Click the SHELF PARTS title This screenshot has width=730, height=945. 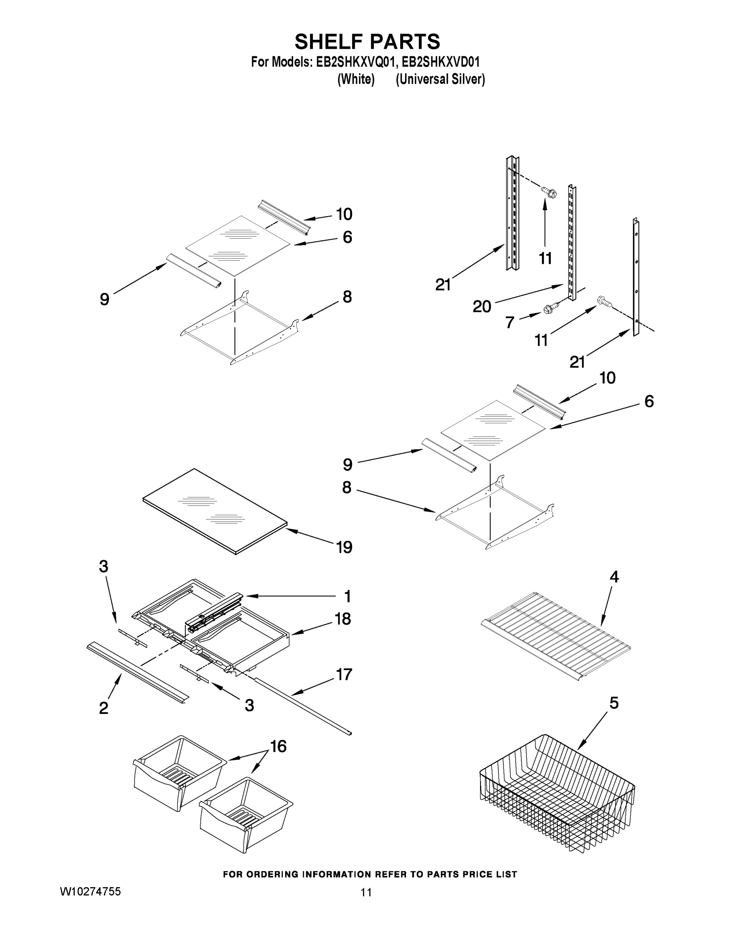(367, 42)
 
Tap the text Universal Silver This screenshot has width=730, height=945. (440, 80)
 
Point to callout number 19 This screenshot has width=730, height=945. (344, 547)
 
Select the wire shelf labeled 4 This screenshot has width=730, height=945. (556, 634)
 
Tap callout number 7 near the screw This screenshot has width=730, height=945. (510, 322)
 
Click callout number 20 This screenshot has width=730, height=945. (482, 306)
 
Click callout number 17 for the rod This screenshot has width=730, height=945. (344, 674)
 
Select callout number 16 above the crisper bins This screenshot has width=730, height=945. (279, 746)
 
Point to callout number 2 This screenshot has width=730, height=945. (104, 708)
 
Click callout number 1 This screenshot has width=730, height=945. (347, 596)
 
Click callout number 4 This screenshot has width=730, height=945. (614, 577)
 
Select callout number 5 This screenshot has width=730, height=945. (614, 703)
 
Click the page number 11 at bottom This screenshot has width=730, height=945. (366, 892)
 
